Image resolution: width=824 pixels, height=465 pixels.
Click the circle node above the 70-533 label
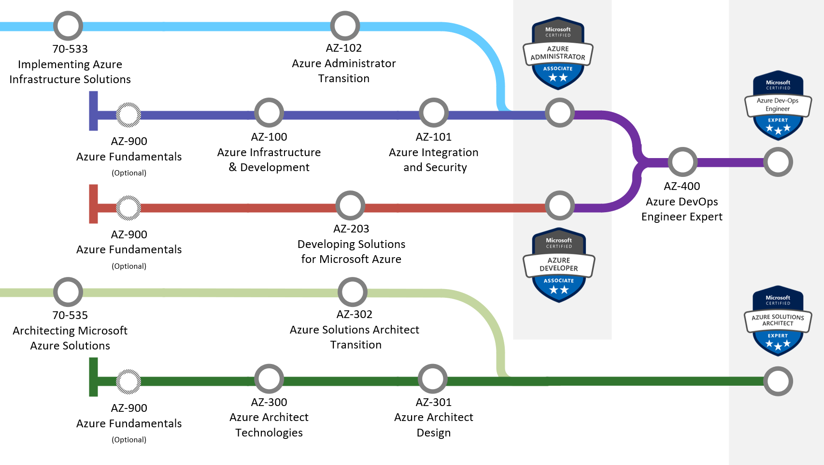68,26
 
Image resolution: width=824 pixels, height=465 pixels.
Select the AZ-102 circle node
345,26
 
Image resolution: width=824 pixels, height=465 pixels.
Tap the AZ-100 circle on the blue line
269,113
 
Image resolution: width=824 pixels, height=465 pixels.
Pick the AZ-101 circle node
434,113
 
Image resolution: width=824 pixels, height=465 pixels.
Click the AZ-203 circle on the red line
350,205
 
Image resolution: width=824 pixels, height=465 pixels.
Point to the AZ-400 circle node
682,162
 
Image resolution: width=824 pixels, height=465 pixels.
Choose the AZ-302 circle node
353,292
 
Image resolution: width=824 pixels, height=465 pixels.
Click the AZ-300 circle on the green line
269,378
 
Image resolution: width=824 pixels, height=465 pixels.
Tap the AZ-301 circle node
433,378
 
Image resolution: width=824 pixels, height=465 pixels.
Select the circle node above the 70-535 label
68,292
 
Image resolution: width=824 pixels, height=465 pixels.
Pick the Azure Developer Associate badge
559,265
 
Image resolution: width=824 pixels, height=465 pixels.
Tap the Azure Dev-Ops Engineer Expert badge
778,106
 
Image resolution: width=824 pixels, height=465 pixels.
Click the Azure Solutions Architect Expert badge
778,321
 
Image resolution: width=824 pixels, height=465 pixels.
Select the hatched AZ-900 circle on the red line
128,208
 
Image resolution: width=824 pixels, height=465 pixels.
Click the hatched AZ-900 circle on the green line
128,381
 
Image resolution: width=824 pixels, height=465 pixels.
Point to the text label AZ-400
682,186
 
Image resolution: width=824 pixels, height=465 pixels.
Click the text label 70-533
70,49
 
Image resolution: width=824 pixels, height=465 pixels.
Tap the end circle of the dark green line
778,381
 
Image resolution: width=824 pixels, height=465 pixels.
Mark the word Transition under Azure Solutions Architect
356,345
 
